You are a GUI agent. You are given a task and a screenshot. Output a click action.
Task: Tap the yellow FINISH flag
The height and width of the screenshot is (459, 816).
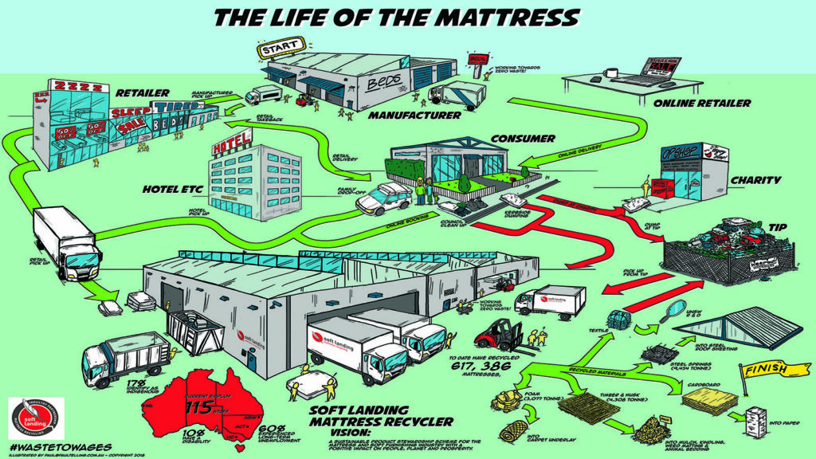tap(763, 371)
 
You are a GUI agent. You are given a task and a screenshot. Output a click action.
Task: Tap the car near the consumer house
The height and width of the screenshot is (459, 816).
tap(383, 198)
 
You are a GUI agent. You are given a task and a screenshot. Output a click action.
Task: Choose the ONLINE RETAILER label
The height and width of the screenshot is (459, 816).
tap(700, 104)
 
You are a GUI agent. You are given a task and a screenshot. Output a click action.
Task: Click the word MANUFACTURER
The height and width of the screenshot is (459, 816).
tap(414, 116)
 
